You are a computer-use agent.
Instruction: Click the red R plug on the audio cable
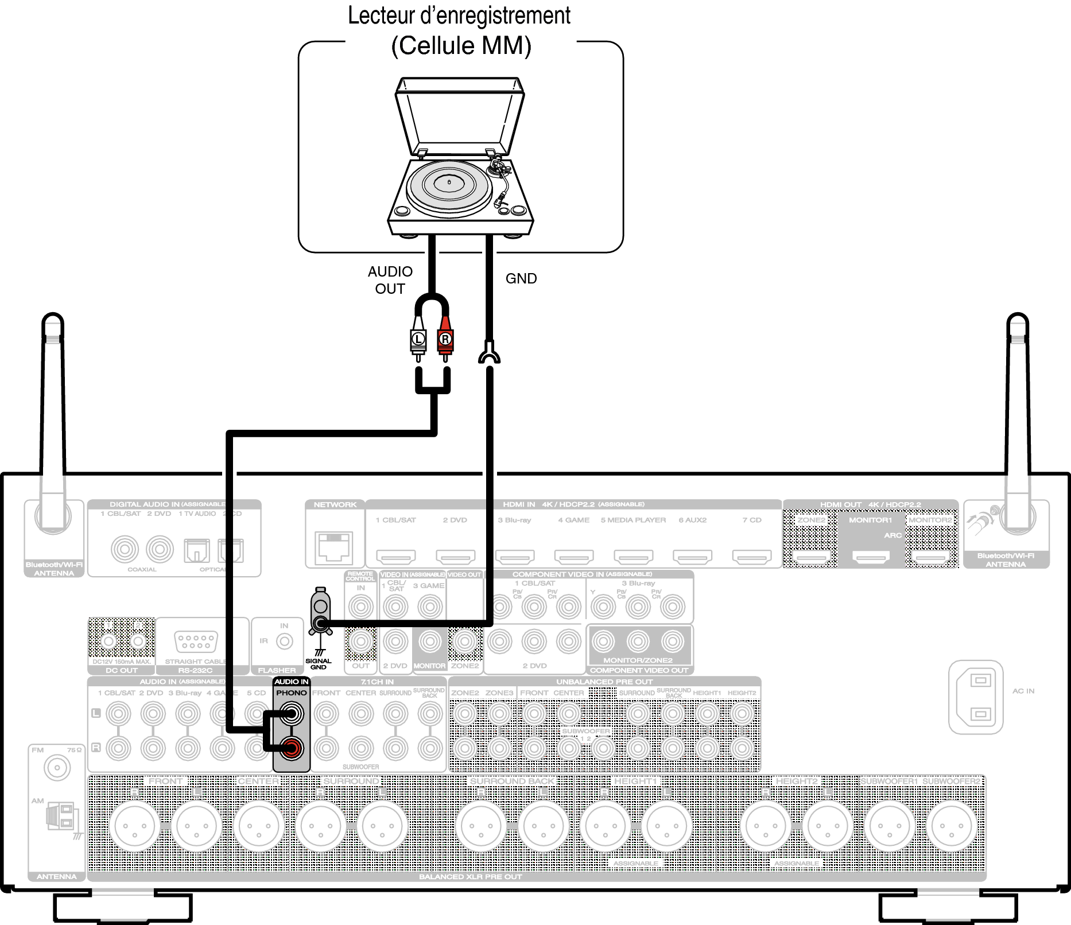coord(445,339)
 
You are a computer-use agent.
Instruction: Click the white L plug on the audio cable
coord(418,339)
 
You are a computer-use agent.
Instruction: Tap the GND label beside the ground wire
coord(521,279)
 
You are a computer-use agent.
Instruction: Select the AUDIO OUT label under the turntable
coord(390,280)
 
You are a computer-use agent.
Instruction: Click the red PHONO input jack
coord(292,748)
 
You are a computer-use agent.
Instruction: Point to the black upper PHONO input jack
coord(292,714)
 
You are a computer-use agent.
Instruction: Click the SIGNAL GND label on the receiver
coord(319,664)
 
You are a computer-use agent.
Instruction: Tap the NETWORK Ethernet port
coord(333,546)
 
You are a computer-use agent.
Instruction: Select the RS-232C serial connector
coord(196,641)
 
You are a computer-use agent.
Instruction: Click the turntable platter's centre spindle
coord(449,182)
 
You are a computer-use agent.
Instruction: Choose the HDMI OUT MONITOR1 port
coord(871,556)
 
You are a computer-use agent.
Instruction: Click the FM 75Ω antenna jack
coord(57,768)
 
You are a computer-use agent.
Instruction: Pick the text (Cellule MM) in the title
coord(461,46)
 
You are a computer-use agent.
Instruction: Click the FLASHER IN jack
coord(285,641)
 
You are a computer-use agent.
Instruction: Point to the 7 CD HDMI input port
coord(752,556)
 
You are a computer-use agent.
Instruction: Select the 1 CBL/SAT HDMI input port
coord(396,556)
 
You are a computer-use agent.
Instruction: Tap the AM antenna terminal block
coord(60,816)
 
